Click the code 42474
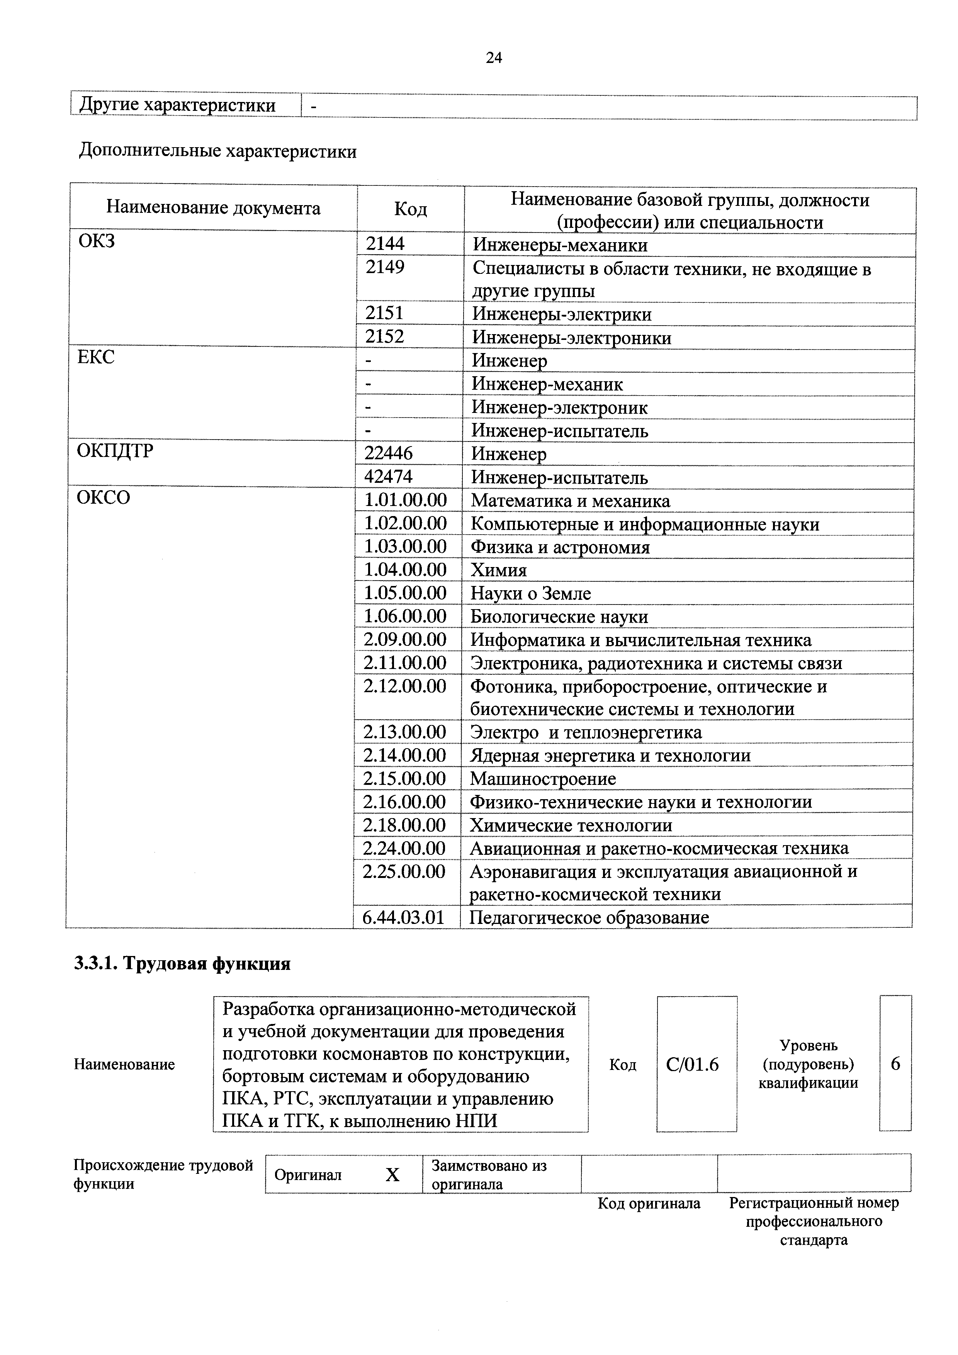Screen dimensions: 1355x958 pos(388,477)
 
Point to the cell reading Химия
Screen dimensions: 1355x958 pos(498,570)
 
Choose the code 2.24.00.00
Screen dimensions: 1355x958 pos(404,849)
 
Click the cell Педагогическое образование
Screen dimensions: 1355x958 pos(589,918)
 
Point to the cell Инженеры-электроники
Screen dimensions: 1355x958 pos(571,338)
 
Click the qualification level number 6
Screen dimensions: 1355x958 pos(895,1064)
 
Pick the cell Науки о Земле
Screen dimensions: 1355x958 pos(530,594)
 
